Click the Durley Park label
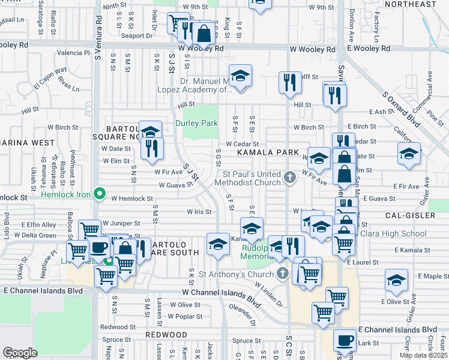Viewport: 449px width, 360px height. (196, 123)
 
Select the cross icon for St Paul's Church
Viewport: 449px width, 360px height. (290, 176)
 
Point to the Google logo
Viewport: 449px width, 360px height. (20, 353)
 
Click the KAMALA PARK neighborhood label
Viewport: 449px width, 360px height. (267, 153)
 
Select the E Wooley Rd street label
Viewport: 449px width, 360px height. (369, 48)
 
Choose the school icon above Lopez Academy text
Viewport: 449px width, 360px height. (241, 76)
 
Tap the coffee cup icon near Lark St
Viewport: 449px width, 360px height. (345, 340)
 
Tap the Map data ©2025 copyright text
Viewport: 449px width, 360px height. (423, 355)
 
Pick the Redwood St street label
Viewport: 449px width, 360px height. (118, 327)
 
